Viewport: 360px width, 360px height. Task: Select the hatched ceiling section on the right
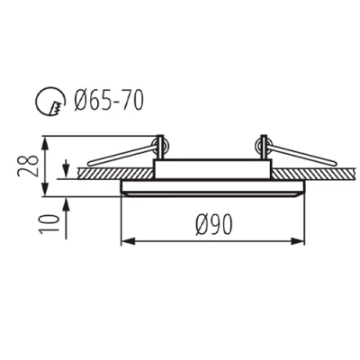point(315,171)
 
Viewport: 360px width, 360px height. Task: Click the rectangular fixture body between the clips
point(212,168)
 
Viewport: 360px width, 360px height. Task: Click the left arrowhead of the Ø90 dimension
point(126,240)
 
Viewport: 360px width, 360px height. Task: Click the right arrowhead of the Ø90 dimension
point(299,240)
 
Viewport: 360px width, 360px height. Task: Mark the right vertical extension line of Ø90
point(304,220)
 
